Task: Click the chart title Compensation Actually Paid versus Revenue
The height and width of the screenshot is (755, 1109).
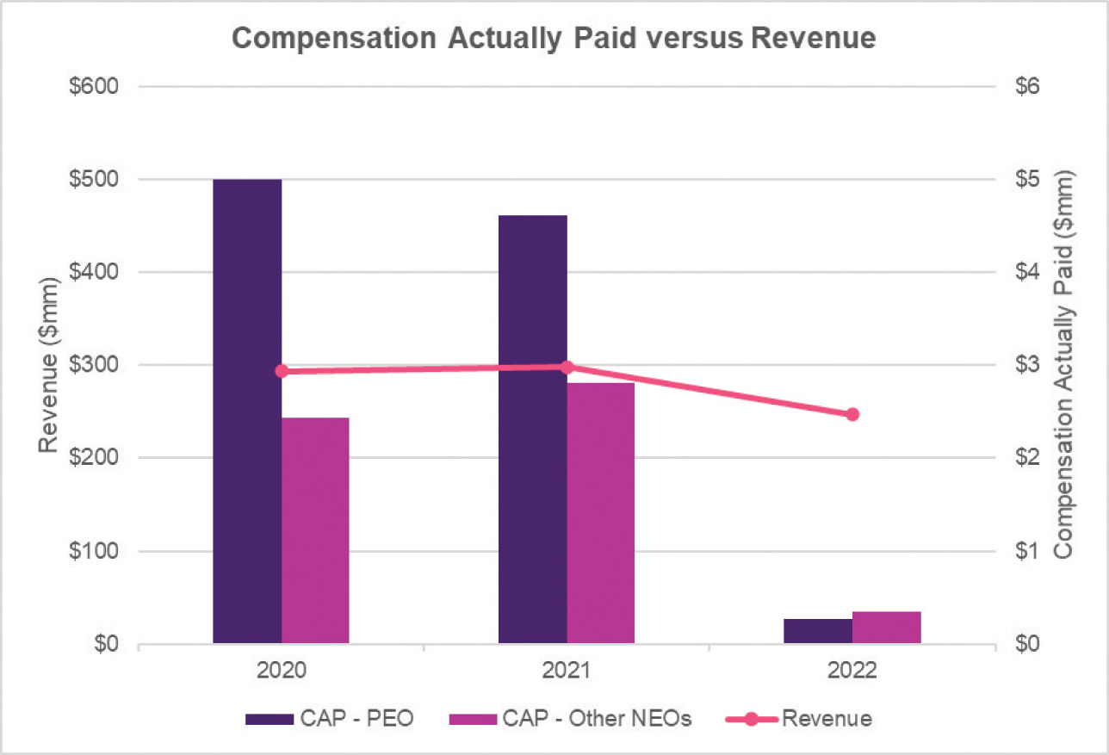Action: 554,39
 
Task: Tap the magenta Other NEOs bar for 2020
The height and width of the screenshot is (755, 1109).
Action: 315,530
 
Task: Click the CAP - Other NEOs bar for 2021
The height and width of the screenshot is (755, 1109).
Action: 601,513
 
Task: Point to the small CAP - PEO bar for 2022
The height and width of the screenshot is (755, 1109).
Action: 818,631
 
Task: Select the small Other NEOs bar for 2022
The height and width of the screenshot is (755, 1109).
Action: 887,628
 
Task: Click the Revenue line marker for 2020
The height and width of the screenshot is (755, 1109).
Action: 282,371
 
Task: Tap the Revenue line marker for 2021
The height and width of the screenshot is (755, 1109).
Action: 567,368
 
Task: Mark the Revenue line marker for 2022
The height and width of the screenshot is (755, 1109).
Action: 852,414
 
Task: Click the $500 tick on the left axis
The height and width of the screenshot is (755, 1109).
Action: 96,180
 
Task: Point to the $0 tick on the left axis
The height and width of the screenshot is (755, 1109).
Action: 107,645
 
